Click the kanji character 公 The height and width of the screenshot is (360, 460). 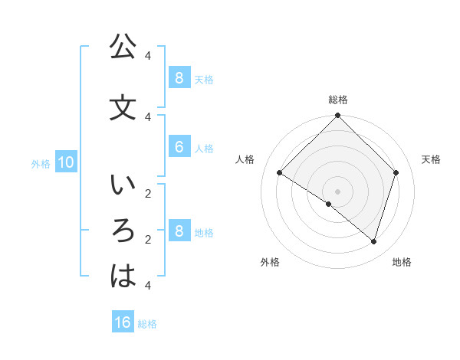pyautogui.click(x=123, y=47)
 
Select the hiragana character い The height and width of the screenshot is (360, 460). pyautogui.click(x=123, y=185)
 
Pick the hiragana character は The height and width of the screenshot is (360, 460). pyautogui.click(x=123, y=277)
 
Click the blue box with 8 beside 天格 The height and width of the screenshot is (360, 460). pyautogui.click(x=179, y=77)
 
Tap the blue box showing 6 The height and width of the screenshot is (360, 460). pyautogui.click(x=179, y=147)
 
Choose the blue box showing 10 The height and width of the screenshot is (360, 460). pyautogui.click(x=65, y=162)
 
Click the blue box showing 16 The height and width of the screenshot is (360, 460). pyautogui.click(x=123, y=322)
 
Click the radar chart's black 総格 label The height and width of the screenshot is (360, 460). pyautogui.click(x=338, y=100)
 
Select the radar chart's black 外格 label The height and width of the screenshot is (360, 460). pyautogui.click(x=270, y=262)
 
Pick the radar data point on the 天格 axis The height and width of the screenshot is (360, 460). pyautogui.click(x=396, y=173)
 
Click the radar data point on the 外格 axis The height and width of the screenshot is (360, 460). pyautogui.click(x=329, y=204)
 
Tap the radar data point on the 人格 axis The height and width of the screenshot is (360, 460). pyautogui.click(x=280, y=173)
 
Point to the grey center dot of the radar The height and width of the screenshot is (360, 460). pyautogui.click(x=338, y=191)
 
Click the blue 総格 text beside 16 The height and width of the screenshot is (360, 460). pyautogui.click(x=148, y=323)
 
